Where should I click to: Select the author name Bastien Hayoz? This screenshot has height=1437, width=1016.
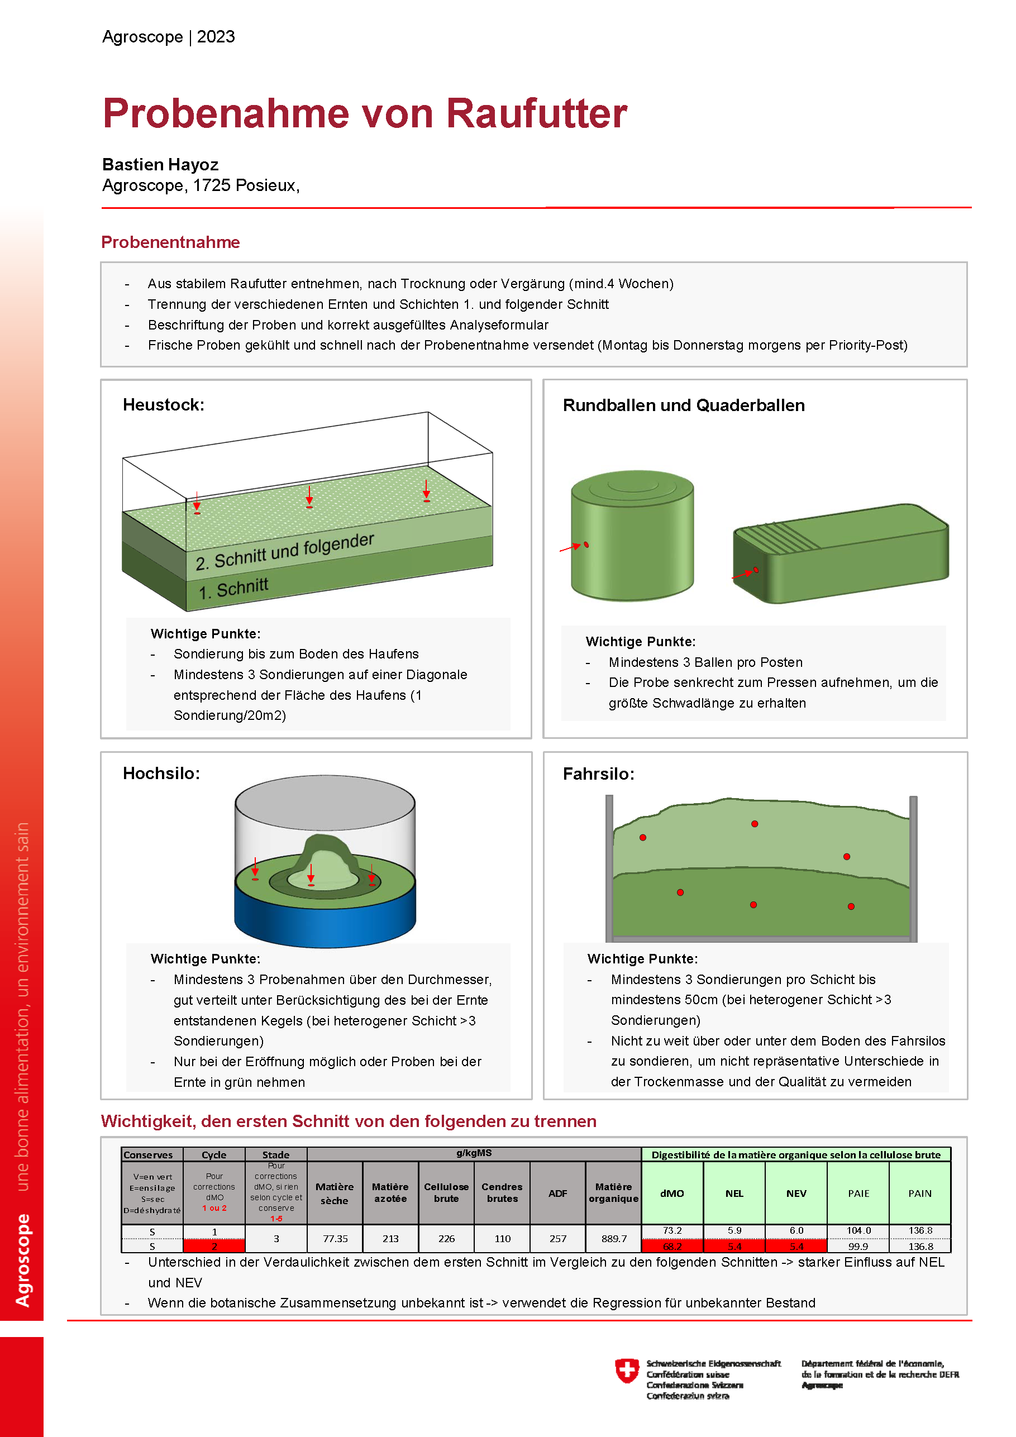tap(160, 165)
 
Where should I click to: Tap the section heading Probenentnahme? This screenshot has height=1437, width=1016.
tap(170, 242)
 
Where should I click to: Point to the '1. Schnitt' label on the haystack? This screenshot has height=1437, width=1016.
tap(233, 588)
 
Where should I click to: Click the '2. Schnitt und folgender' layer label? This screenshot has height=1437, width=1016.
tap(285, 551)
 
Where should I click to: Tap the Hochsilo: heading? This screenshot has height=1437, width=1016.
tap(161, 774)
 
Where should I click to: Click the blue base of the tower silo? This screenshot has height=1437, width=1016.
tap(325, 920)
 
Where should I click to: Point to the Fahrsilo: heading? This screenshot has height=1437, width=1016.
tap(598, 774)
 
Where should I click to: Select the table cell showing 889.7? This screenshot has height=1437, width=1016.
tap(613, 1239)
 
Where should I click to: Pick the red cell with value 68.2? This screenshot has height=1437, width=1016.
tap(672, 1246)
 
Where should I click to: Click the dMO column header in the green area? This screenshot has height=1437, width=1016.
tap(672, 1193)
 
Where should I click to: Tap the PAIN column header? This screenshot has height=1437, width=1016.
tap(920, 1193)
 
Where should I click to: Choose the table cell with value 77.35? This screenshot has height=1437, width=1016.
tap(335, 1239)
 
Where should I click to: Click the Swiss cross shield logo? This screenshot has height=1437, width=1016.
tap(627, 1370)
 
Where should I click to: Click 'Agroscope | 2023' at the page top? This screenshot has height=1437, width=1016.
tap(168, 37)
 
